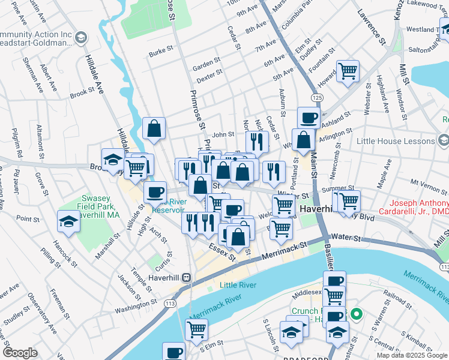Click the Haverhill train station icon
(x=187, y=277)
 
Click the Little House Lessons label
(x=395, y=141)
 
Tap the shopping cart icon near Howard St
(x=348, y=71)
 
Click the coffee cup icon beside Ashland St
(x=309, y=118)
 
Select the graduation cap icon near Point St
(x=68, y=222)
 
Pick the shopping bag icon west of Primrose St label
(x=154, y=128)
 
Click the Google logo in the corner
(x=20, y=353)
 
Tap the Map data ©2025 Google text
(x=412, y=355)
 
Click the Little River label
(x=237, y=285)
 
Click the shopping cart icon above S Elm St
(x=196, y=329)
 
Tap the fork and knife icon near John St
(x=256, y=142)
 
